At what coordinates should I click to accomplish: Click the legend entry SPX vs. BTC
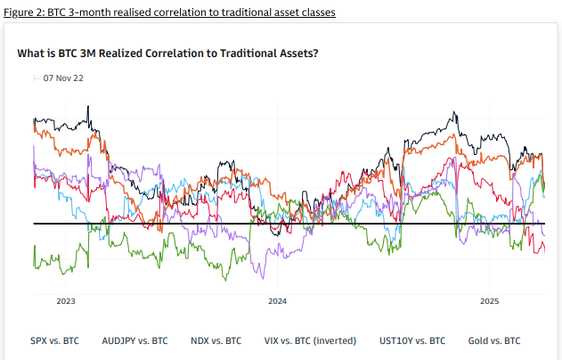click(54, 340)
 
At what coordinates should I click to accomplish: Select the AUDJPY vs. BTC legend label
click(134, 340)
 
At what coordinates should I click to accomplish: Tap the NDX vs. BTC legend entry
click(216, 340)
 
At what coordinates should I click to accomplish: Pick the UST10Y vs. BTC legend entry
click(412, 340)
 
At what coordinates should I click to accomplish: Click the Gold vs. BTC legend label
click(494, 340)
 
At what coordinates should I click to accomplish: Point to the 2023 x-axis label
click(66, 302)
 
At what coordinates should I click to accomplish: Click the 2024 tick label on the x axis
click(277, 302)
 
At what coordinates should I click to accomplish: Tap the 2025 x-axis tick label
click(489, 302)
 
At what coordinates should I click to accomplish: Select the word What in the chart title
click(30, 53)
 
